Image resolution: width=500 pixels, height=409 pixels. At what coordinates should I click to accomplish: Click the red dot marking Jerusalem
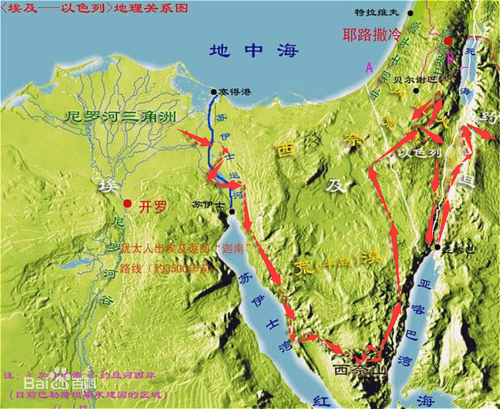click(448, 41)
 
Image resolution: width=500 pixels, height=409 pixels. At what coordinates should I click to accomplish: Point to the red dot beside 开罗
click(126, 202)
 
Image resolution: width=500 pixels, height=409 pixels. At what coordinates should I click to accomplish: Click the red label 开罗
click(151, 207)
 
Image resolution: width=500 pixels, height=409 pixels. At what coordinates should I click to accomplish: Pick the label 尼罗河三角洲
click(121, 116)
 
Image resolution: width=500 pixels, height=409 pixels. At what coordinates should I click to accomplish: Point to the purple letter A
click(368, 67)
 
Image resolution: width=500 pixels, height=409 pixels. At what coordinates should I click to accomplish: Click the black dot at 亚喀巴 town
click(437, 248)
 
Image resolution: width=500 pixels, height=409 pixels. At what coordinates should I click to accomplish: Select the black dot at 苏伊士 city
click(231, 211)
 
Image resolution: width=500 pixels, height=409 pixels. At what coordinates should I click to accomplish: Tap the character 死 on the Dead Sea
click(470, 51)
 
